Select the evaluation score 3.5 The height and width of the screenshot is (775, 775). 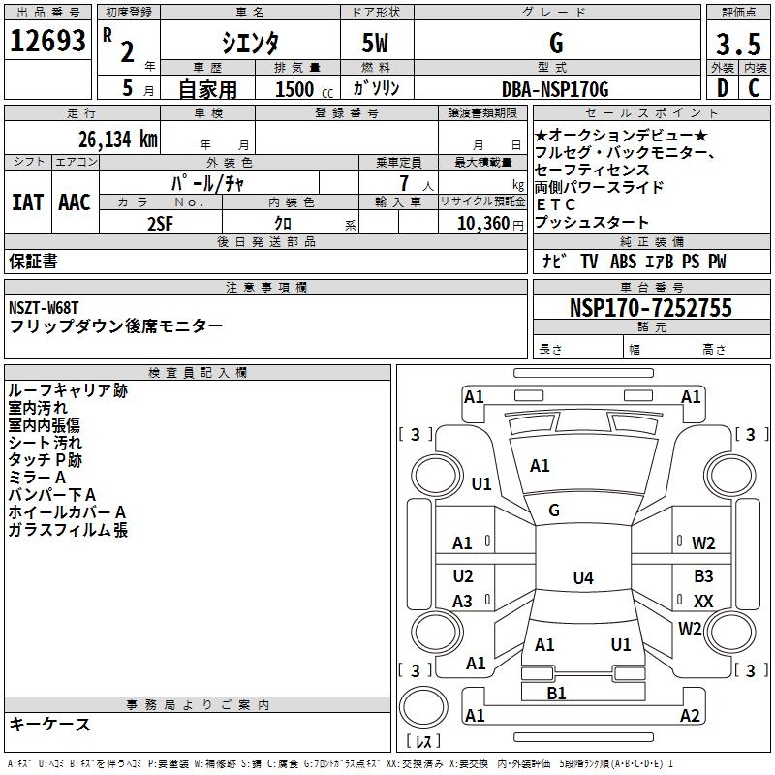coord(738,44)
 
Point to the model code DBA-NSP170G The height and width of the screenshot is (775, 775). coord(555,89)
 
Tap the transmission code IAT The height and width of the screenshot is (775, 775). coord(27,202)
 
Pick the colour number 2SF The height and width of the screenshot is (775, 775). coord(160,223)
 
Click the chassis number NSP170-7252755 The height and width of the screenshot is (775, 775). coord(651,308)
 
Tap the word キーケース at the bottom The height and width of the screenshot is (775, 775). coord(49,724)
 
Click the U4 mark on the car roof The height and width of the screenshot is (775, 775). coord(582,578)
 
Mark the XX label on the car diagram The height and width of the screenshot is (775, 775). coord(703,602)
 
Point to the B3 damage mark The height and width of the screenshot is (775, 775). coord(703,575)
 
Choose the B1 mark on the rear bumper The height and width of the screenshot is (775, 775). coord(556,693)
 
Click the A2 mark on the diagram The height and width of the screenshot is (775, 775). coord(690,715)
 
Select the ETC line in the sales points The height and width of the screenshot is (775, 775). coord(555,204)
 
